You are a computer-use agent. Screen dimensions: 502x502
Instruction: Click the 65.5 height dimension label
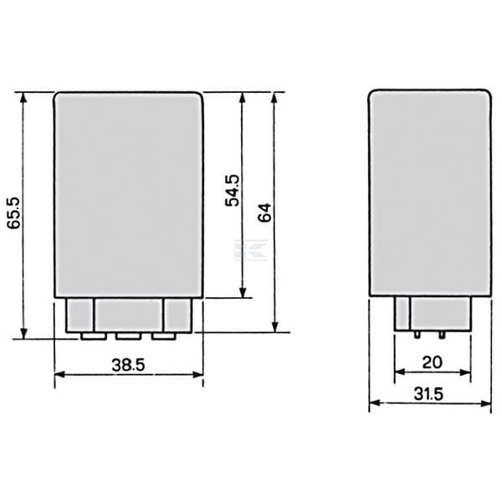pos(13,213)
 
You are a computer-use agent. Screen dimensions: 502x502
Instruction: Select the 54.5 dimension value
pos(232,190)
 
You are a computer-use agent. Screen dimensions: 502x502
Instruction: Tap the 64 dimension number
pos(264,213)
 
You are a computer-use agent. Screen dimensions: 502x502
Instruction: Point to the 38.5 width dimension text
pos(128,365)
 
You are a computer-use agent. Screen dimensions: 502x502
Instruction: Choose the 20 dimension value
pos(432,362)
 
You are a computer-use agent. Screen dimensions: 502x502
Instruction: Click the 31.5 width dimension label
pos(428,394)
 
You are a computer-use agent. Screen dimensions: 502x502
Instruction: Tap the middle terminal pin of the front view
pos(128,336)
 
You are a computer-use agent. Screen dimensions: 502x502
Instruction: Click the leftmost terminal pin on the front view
pos(94,336)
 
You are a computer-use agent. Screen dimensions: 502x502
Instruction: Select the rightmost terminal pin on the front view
pos(164,336)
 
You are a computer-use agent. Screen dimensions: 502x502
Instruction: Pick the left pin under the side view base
pos(417,335)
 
